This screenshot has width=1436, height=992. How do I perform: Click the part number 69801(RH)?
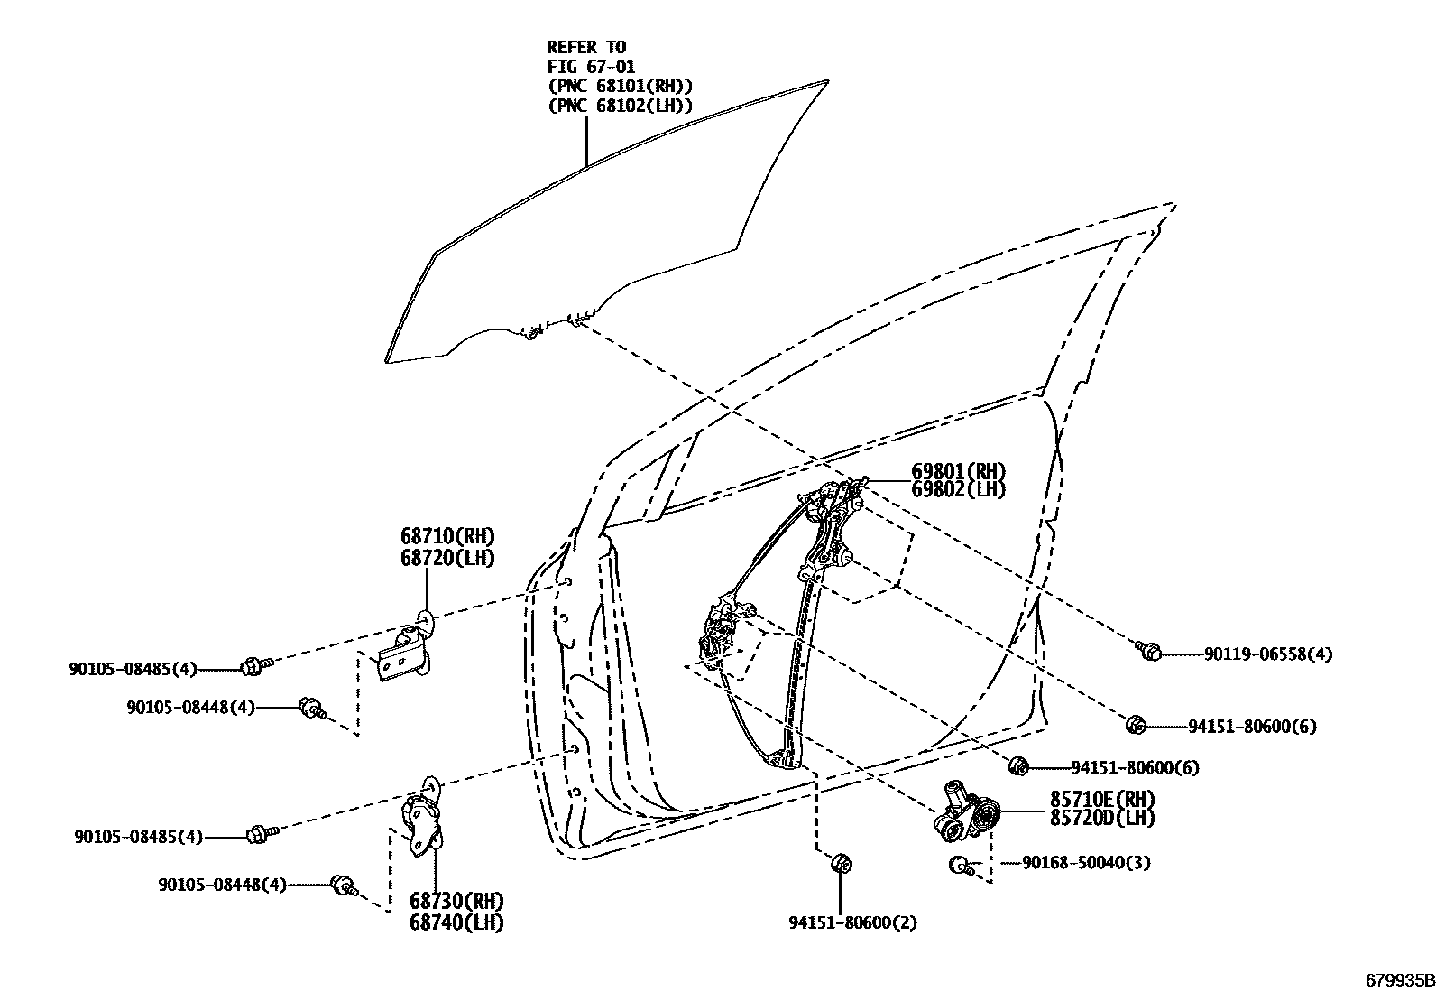[958, 472]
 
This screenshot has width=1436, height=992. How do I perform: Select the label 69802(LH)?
[958, 490]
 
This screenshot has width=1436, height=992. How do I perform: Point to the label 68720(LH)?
[447, 558]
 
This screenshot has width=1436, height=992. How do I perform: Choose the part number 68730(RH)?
[456, 902]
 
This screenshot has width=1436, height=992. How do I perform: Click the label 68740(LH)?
[456, 922]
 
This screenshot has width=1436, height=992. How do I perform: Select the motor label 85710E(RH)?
[1102, 800]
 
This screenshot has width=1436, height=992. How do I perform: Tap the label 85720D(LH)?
[1102, 819]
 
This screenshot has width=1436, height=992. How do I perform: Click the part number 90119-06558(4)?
[1267, 654]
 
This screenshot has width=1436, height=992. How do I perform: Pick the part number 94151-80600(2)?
[840, 923]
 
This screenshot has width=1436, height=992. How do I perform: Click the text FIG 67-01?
[591, 67]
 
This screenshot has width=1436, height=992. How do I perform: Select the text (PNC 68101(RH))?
[620, 86]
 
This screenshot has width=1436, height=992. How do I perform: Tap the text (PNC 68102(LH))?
[620, 106]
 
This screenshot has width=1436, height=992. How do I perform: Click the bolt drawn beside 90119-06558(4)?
[1149, 650]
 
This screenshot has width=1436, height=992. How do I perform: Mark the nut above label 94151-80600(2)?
[840, 864]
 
